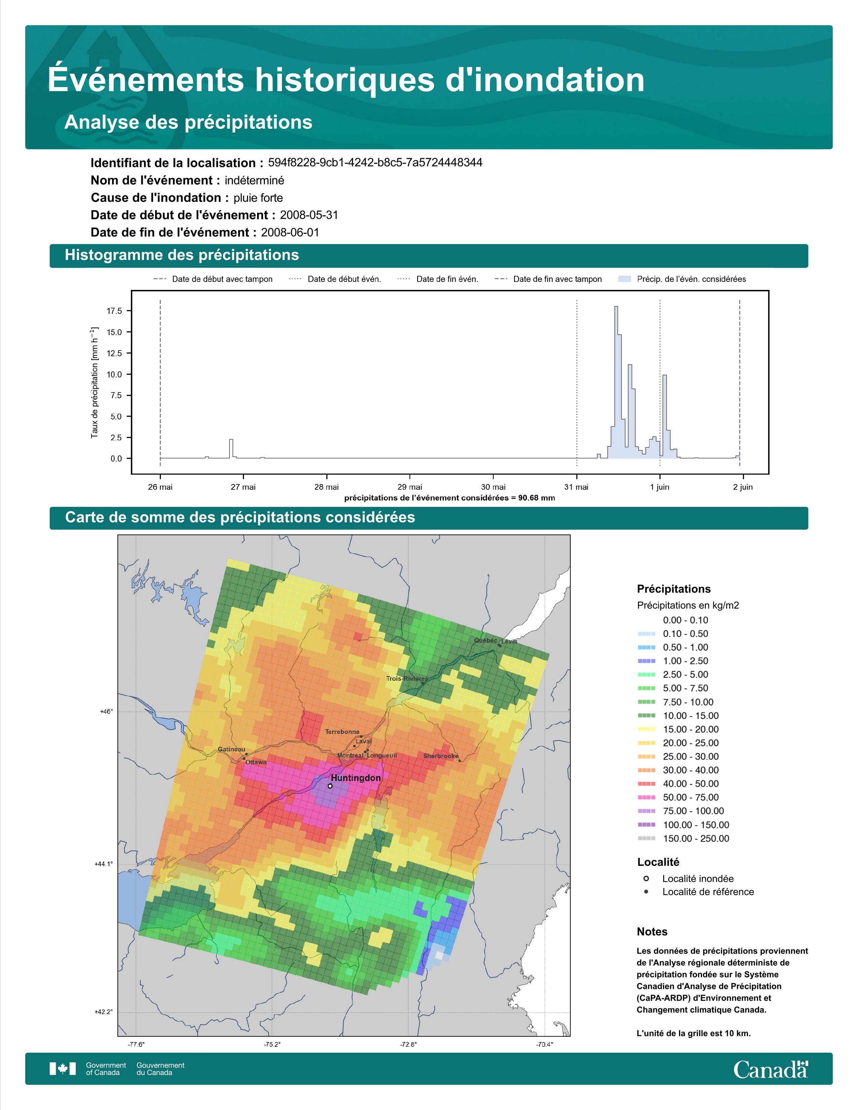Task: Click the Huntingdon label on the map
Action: [x=355, y=778]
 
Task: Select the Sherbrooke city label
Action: [x=441, y=756]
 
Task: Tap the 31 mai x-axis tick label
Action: [x=576, y=487]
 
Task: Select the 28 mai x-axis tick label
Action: [x=326, y=487]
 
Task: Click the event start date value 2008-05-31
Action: [x=309, y=215]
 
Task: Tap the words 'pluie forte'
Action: [x=258, y=198]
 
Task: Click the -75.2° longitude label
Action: [x=272, y=1045]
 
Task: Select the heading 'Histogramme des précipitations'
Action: [x=182, y=255]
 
